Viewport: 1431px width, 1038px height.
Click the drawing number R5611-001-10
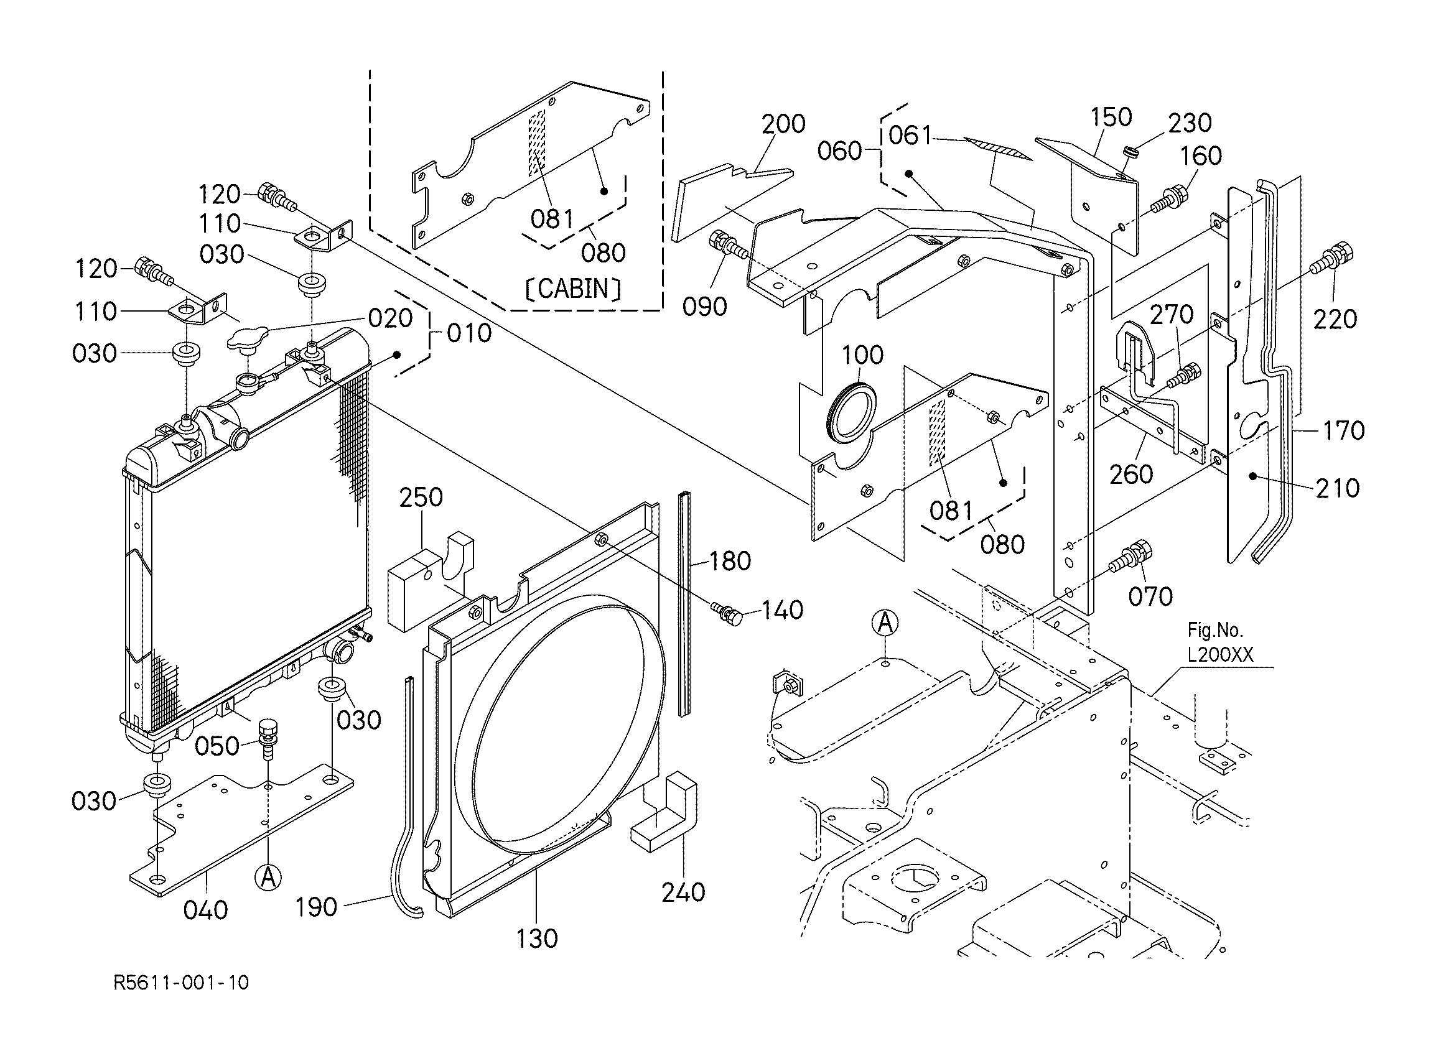click(x=181, y=983)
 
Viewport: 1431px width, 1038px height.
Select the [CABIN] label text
click(x=573, y=289)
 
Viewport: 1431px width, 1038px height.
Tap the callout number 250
click(x=421, y=498)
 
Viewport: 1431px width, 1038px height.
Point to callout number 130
click(x=537, y=939)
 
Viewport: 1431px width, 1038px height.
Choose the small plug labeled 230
click(x=1133, y=152)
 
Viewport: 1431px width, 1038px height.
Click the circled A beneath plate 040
click(x=268, y=877)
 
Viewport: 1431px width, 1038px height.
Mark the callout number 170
click(x=1343, y=431)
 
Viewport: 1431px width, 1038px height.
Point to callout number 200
click(x=783, y=124)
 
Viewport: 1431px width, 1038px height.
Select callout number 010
click(x=468, y=333)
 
